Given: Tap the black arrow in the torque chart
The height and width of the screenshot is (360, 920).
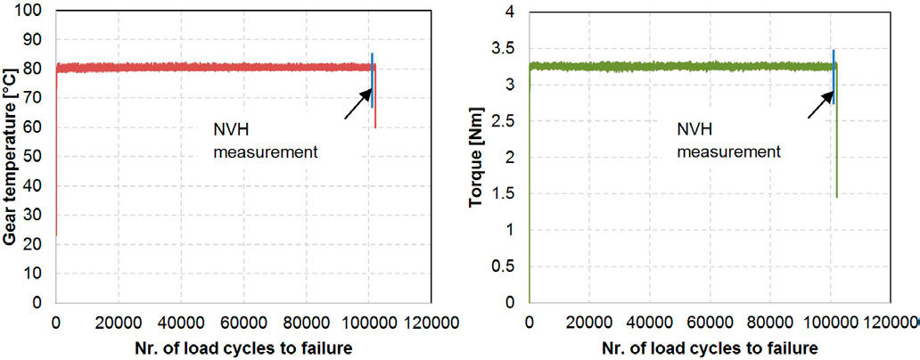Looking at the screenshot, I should tap(819, 104).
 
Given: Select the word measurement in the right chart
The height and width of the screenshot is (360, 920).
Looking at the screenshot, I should tap(728, 151).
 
